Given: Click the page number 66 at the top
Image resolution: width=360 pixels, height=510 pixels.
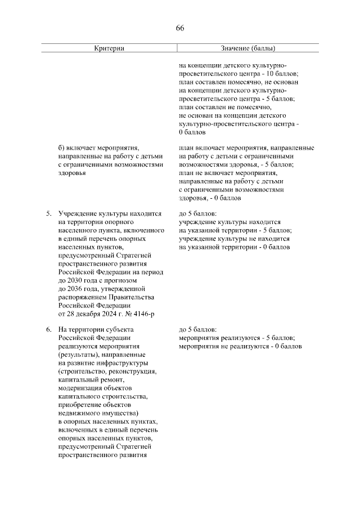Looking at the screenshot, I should pos(180,28).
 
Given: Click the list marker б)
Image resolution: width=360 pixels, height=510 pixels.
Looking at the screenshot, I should pos(62,149).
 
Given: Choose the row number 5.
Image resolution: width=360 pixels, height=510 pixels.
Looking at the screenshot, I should pos(48,214).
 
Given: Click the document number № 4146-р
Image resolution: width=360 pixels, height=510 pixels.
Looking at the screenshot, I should pos(129,313).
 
